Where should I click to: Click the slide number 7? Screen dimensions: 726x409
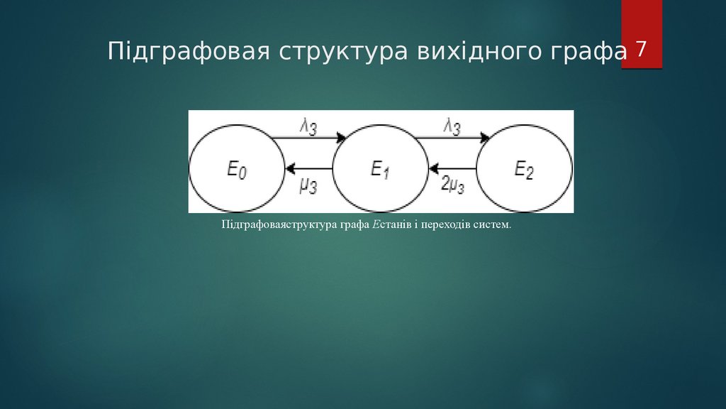641,50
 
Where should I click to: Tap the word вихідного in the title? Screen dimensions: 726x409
470,53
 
